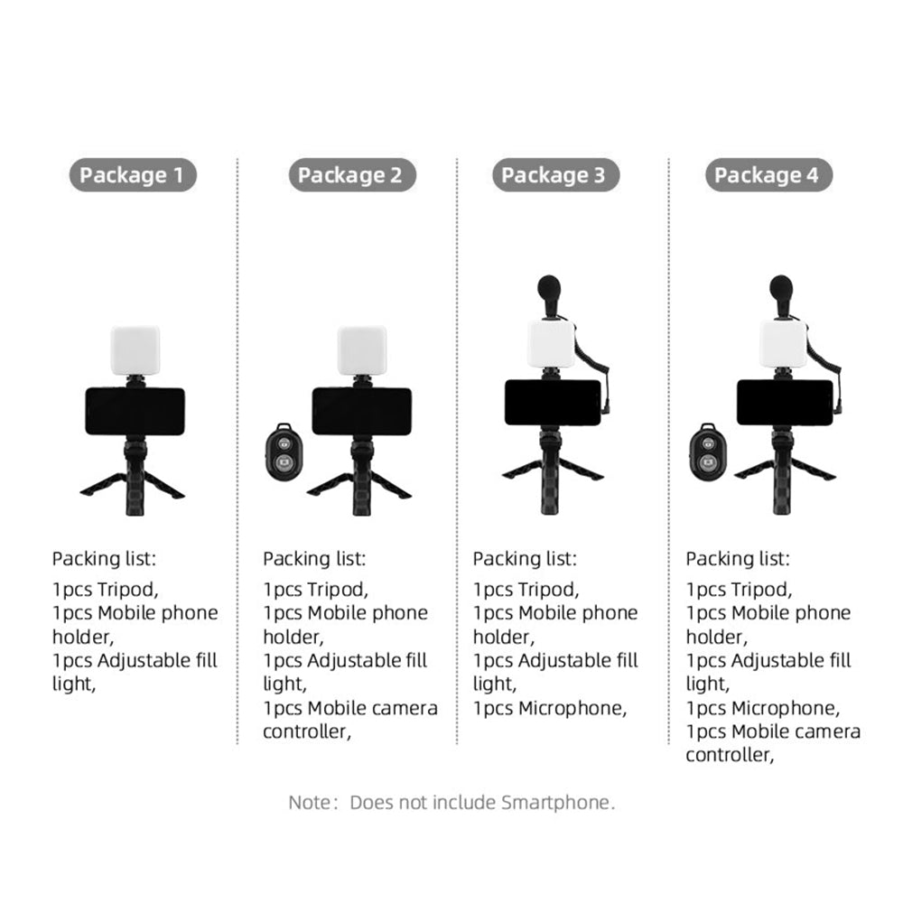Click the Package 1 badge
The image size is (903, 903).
(133, 174)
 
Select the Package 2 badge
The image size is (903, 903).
(352, 174)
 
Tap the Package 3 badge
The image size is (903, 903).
(555, 174)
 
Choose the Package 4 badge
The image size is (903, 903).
(768, 174)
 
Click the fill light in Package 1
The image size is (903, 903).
(135, 350)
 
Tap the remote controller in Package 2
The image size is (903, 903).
(284, 452)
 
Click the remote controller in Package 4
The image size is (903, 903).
(707, 452)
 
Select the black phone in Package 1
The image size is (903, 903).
(135, 411)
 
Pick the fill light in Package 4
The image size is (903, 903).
(783, 343)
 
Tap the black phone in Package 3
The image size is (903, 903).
(553, 403)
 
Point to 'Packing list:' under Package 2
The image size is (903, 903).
(314, 559)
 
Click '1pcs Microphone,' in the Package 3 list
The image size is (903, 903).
(550, 708)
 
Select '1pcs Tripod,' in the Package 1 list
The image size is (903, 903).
(106, 590)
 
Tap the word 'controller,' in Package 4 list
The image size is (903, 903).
(730, 755)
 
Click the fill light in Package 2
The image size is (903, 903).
(362, 350)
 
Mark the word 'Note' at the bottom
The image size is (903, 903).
(310, 802)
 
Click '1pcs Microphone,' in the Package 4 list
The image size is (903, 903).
(763, 708)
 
